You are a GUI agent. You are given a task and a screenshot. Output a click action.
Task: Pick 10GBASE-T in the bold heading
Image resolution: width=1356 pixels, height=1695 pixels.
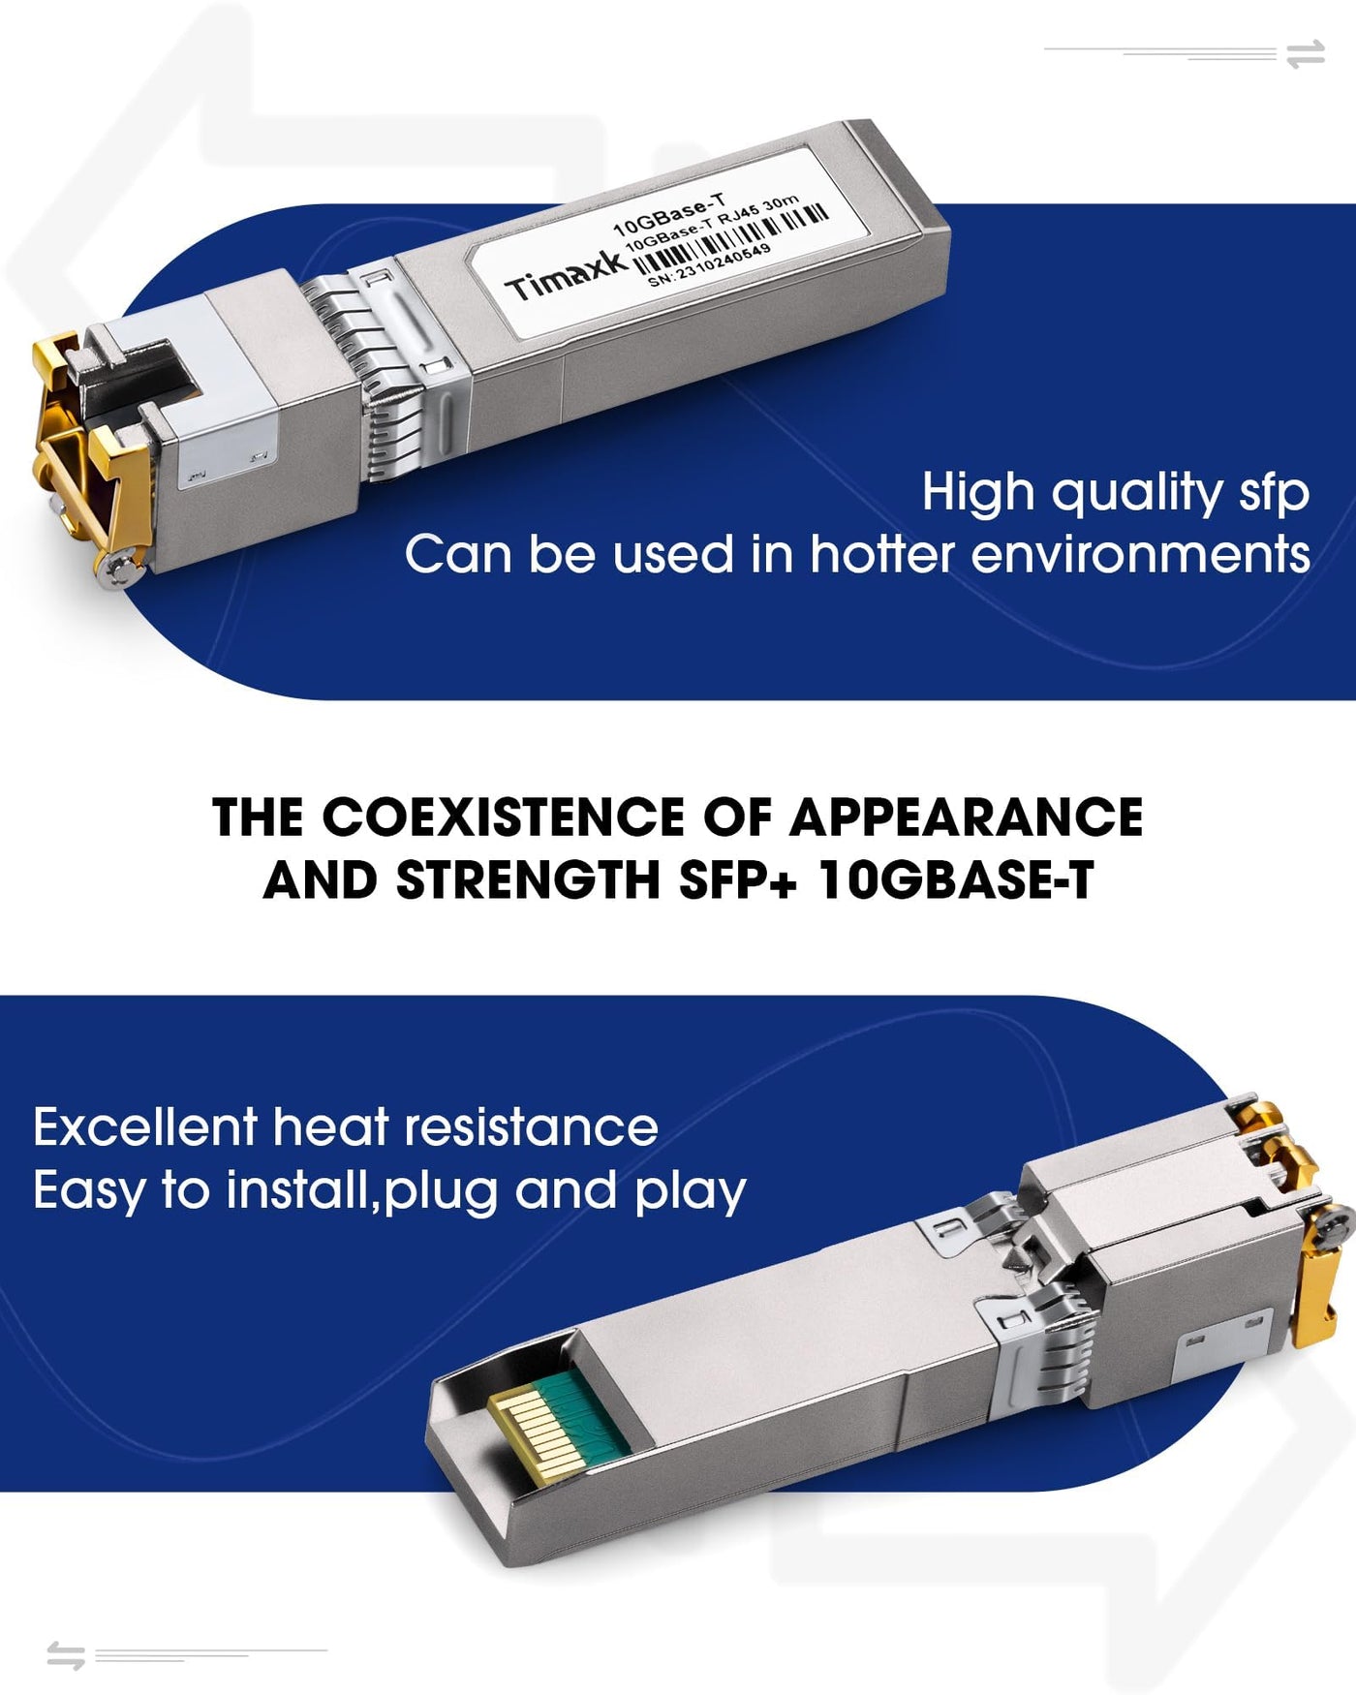click(956, 880)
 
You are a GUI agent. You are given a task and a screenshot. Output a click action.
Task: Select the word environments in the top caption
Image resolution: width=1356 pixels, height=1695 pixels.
click(1140, 555)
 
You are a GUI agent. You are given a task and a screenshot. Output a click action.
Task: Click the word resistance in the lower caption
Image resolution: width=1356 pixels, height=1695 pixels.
click(531, 1127)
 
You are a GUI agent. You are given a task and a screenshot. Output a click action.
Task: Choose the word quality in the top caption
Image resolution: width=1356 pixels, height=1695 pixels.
click(1138, 494)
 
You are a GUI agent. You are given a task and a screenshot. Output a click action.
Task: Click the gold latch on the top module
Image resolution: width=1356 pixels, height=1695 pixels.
click(87, 455)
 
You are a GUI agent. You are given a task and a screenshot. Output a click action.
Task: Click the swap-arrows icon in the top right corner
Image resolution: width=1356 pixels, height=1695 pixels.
click(1306, 54)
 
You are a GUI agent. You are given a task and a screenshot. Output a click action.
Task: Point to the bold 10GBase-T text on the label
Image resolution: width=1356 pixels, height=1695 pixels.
click(669, 215)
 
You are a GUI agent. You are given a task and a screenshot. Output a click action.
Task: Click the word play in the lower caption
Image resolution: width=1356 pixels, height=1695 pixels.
click(691, 1192)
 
